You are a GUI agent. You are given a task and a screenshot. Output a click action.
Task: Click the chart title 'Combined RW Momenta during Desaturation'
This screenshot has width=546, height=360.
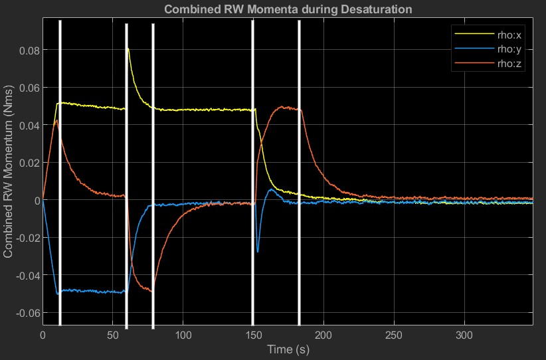[x=288, y=9]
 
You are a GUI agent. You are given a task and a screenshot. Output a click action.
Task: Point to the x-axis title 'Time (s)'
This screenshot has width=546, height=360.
[x=288, y=349]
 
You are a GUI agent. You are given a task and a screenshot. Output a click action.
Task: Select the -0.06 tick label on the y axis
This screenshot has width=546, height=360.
[x=25, y=313]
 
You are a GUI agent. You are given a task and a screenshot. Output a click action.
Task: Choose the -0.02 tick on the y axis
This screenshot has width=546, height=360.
[x=25, y=238]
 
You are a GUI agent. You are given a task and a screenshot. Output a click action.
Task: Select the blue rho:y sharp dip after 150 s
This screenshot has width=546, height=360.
[x=258, y=252]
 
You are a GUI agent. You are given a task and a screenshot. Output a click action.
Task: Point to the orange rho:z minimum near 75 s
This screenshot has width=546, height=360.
[x=151, y=292]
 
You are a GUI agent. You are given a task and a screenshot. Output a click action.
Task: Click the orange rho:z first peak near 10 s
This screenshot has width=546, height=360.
[x=57, y=120]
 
